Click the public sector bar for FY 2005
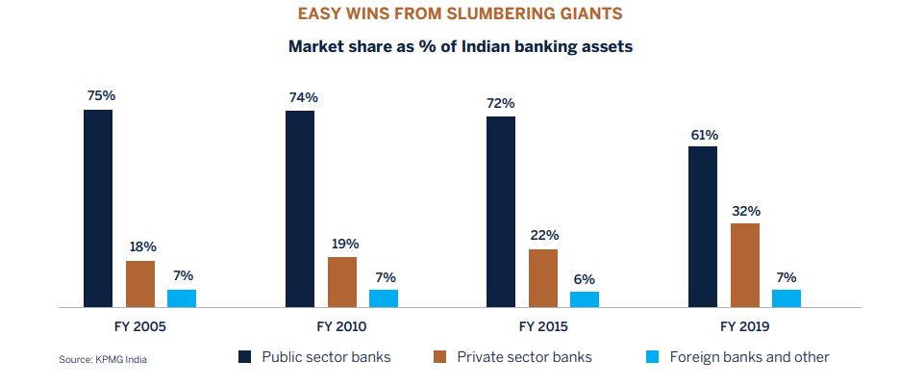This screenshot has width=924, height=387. (98, 208)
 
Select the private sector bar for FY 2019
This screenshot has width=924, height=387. (744, 265)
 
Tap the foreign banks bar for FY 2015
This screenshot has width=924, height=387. (585, 298)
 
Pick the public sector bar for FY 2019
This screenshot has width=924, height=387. (703, 226)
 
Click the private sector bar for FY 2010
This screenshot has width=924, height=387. (341, 281)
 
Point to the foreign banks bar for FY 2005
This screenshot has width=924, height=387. (182, 297)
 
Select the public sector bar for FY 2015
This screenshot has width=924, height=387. (501, 212)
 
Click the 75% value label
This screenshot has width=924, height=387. (99, 95)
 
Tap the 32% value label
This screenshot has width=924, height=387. (745, 210)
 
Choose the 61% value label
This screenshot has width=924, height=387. (704, 134)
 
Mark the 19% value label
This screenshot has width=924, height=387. (342, 244)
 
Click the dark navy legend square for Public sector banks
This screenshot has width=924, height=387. (244, 357)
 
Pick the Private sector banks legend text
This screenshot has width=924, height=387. (524, 357)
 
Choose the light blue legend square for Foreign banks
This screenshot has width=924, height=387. (652, 357)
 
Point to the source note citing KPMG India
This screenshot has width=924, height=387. (103, 360)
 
